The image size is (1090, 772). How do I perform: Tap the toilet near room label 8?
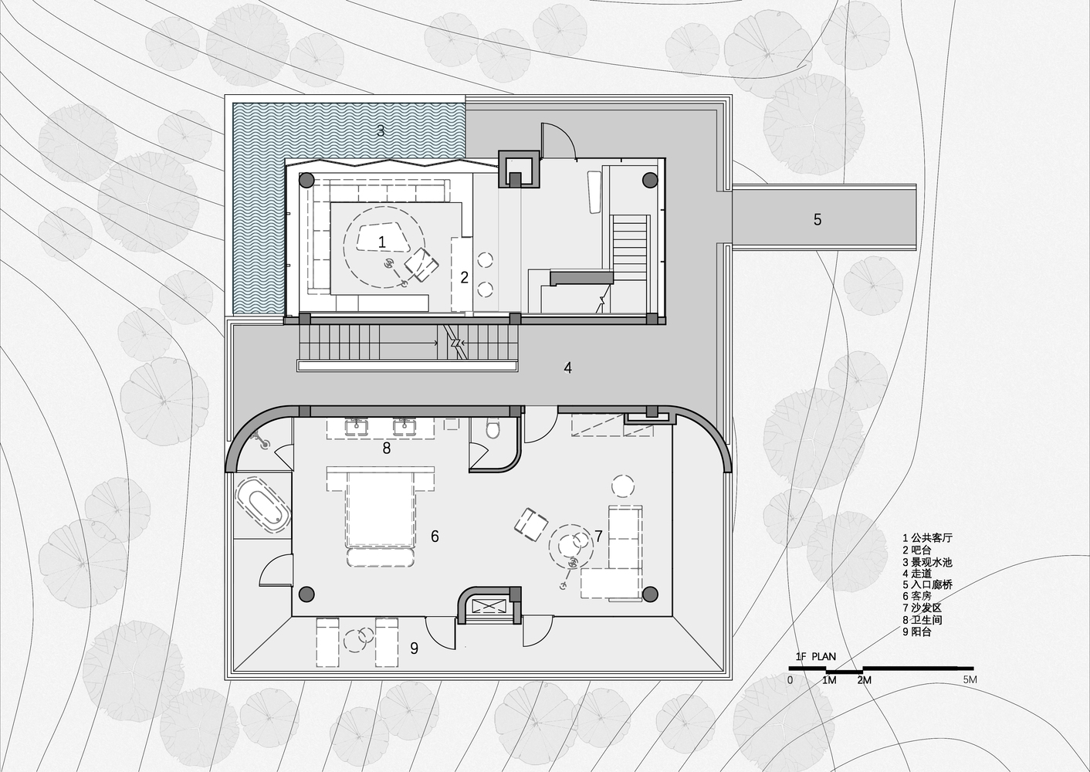(x=493, y=428)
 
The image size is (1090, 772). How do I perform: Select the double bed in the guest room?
(x=380, y=516)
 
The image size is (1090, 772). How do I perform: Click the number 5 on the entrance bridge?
(x=817, y=219)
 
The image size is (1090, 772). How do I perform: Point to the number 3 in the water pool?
(x=381, y=130)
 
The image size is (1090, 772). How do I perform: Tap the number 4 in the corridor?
(x=568, y=368)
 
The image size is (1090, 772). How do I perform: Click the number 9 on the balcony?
(x=414, y=648)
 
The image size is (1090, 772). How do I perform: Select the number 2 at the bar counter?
(x=464, y=277)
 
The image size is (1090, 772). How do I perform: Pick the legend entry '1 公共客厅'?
(x=927, y=538)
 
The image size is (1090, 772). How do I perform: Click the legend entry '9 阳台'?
(x=917, y=632)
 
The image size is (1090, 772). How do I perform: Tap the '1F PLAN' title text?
(x=815, y=656)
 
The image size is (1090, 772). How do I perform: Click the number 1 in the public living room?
(x=382, y=242)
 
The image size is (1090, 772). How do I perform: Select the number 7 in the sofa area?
(x=598, y=536)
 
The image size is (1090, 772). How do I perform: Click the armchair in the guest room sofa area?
(x=531, y=524)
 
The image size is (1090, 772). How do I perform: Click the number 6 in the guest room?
(x=435, y=536)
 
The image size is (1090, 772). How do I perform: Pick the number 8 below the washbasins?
(x=387, y=448)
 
